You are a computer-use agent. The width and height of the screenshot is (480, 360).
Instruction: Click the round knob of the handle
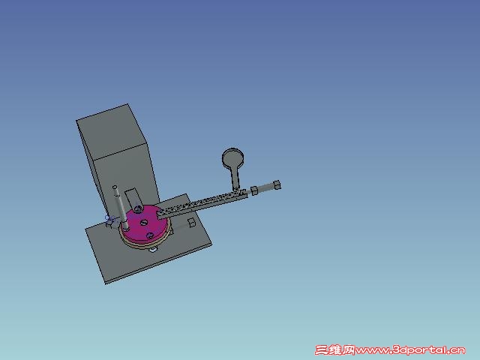point(233,158)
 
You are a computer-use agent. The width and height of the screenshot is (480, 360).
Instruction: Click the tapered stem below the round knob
point(235,178)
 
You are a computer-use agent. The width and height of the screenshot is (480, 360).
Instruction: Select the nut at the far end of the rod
point(277,185)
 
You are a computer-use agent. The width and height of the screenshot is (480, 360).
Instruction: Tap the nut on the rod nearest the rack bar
point(254,190)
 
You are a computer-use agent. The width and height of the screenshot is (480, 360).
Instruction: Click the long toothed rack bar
point(202,204)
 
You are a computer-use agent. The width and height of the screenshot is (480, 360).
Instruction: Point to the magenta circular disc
point(145,223)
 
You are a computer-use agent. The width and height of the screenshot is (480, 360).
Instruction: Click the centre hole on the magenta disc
point(144,223)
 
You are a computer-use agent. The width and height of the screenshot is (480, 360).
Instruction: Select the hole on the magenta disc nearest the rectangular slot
point(138,209)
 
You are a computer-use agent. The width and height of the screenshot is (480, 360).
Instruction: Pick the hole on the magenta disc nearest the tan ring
point(150,235)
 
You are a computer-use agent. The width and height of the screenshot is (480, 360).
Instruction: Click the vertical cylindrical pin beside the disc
point(121,208)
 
